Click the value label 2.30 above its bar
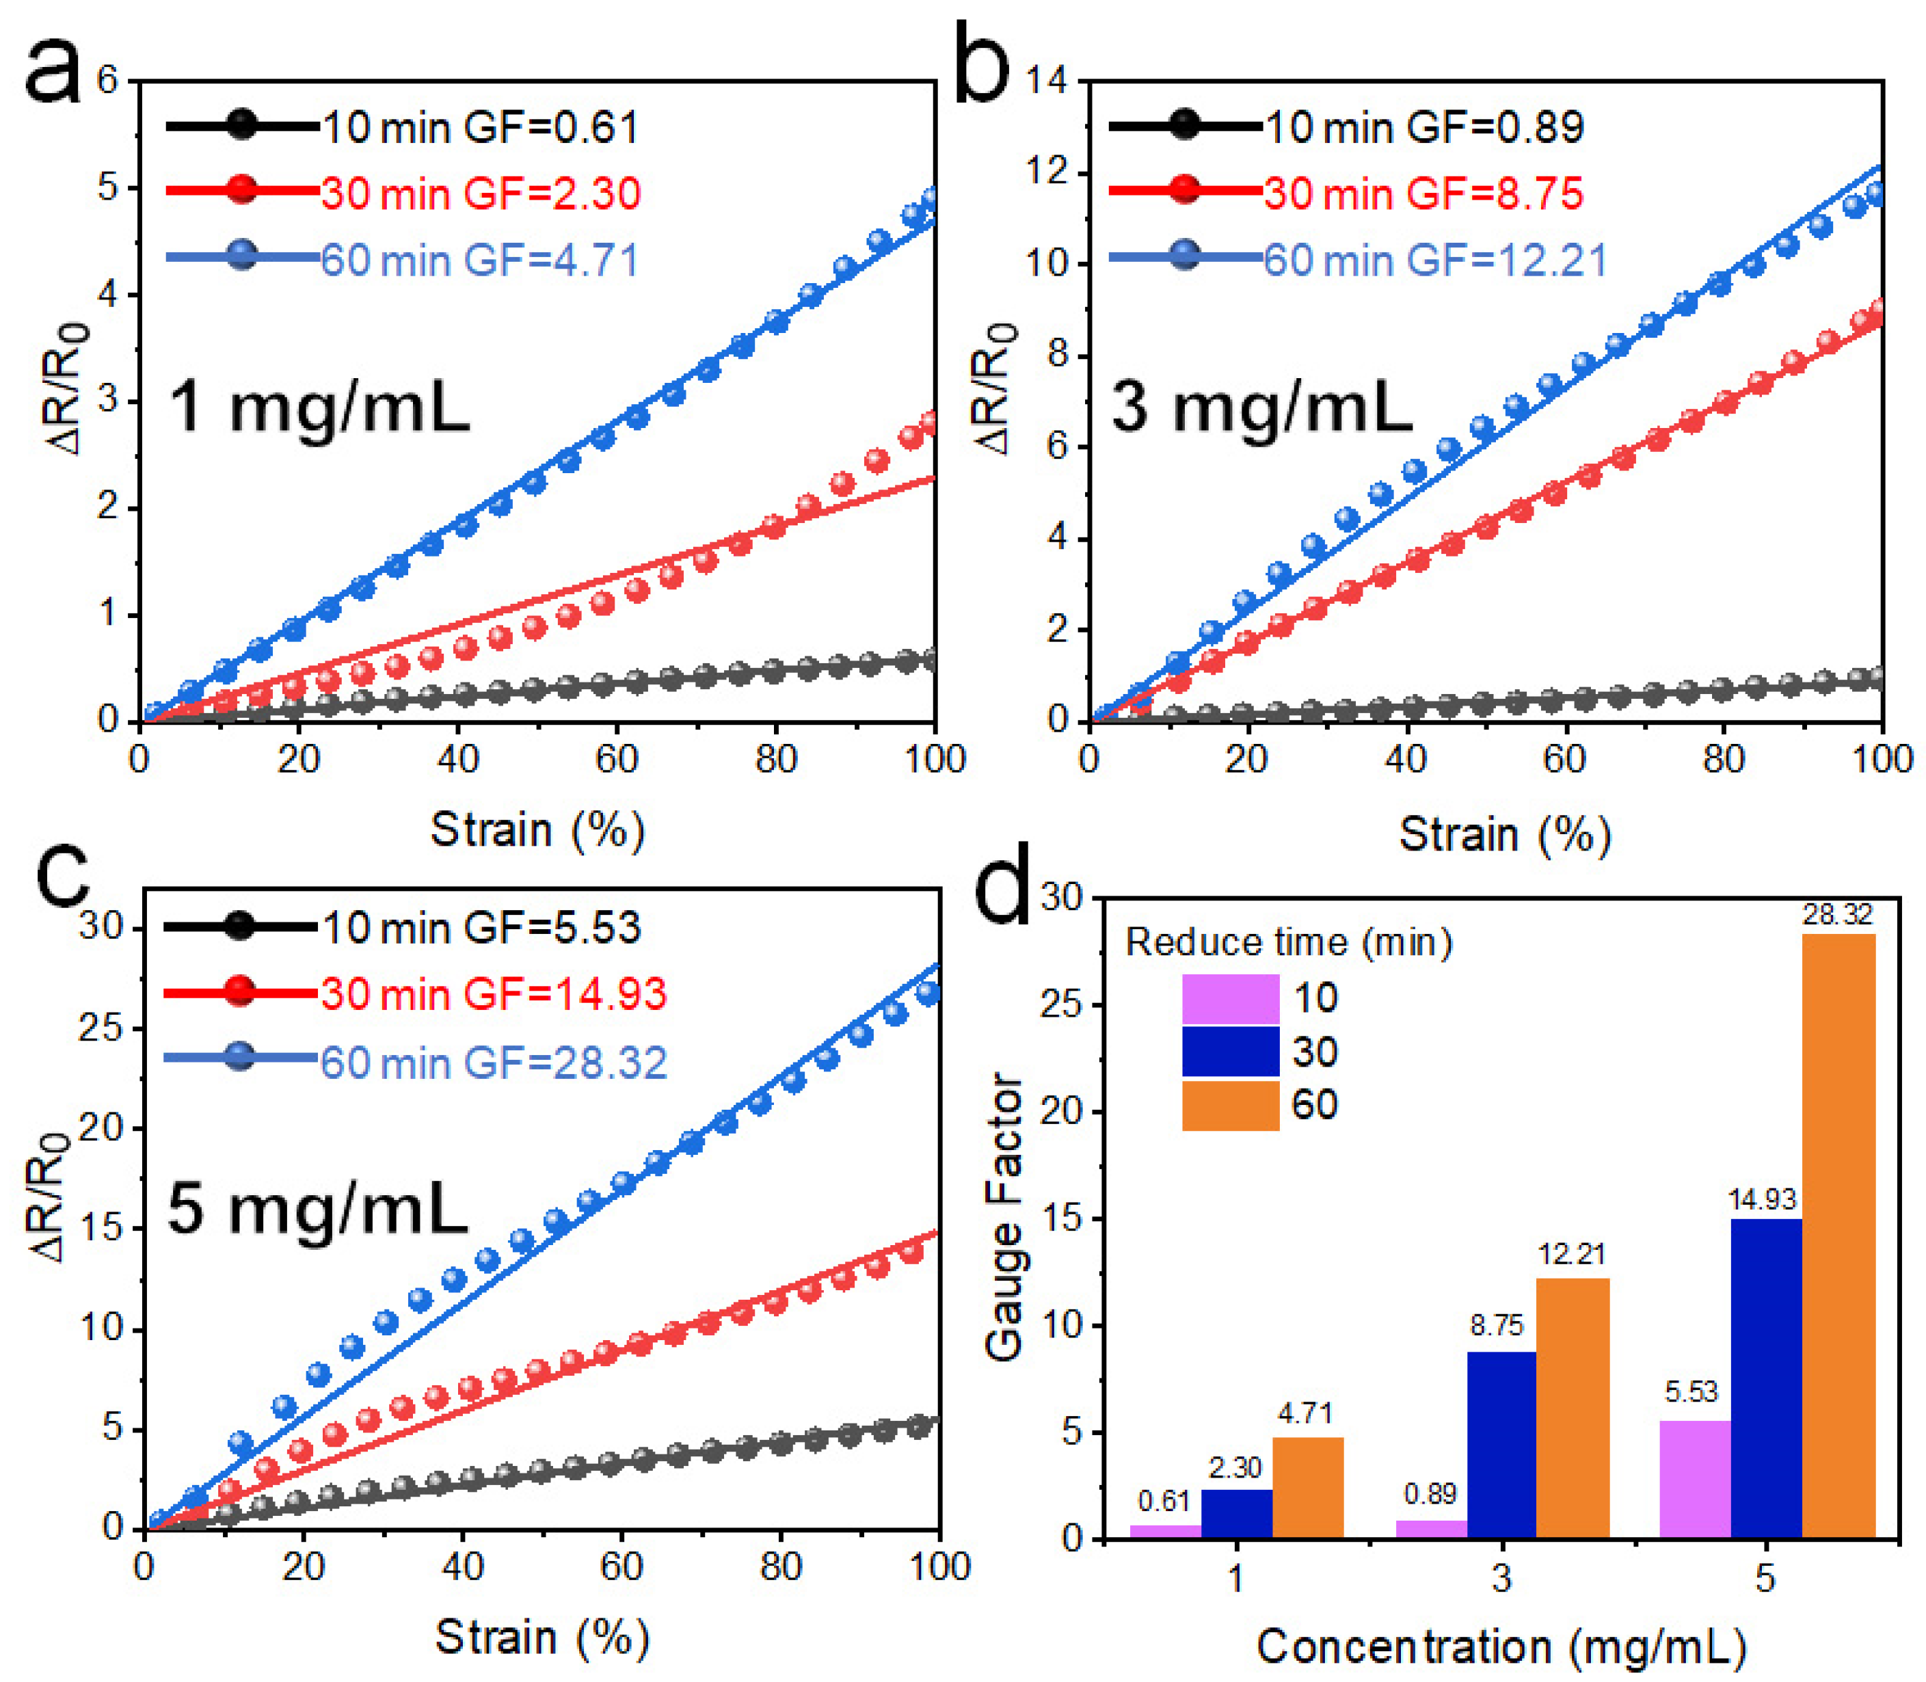pyautogui.click(x=1235, y=1467)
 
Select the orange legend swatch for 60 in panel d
pyautogui.click(x=1229, y=1105)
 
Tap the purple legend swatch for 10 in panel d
pyautogui.click(x=1229, y=999)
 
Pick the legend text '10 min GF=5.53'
pyautogui.click(x=481, y=927)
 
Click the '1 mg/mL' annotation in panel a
pyautogui.click(x=319, y=408)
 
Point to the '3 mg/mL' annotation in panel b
pyautogui.click(x=1261, y=408)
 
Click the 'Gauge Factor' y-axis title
pyautogui.click(x=1004, y=1216)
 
